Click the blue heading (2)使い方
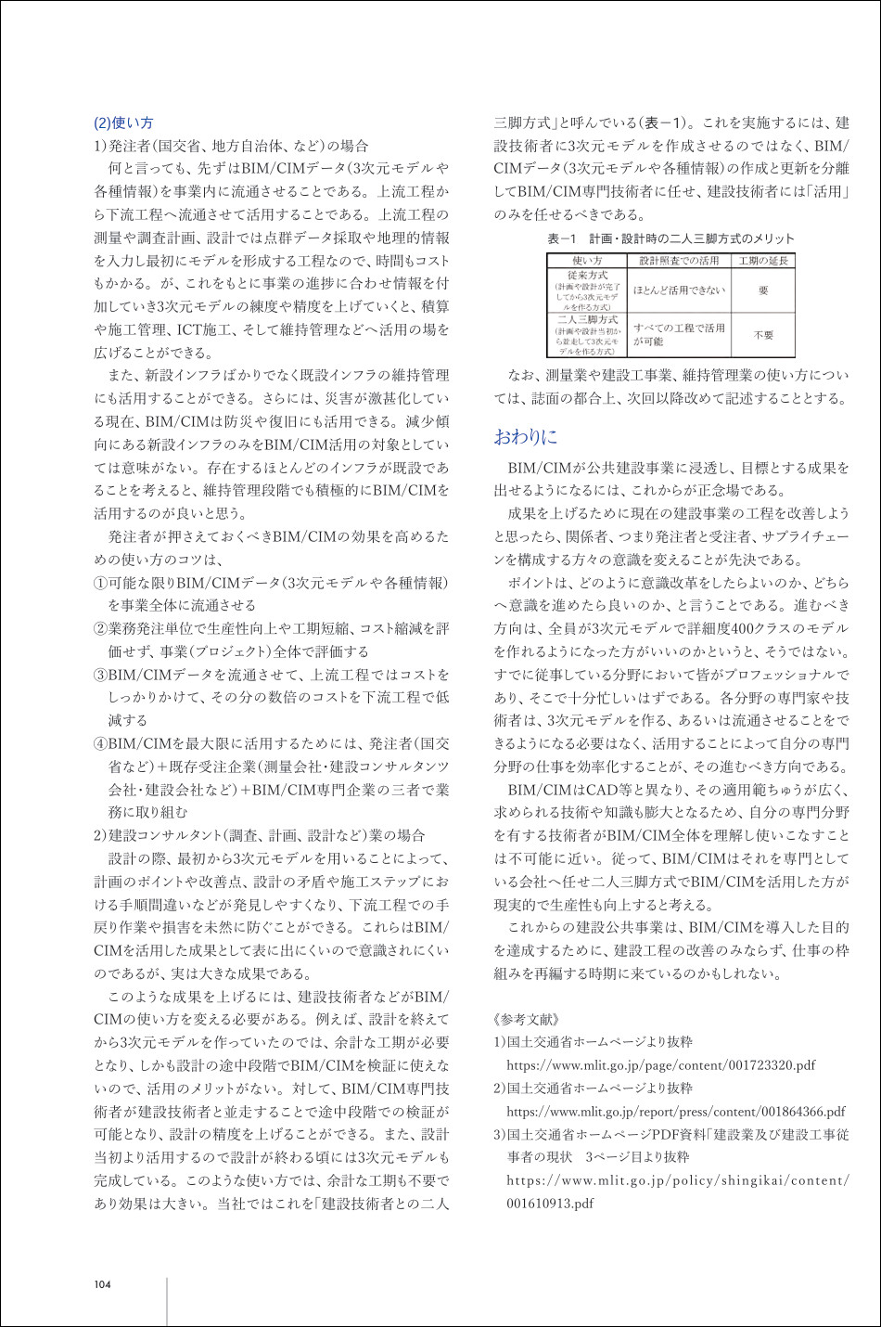(x=123, y=122)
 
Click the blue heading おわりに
(x=525, y=436)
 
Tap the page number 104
(x=102, y=1284)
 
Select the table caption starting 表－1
(x=670, y=238)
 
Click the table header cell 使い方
(x=586, y=261)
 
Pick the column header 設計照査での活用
(x=679, y=261)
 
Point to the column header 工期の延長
(x=762, y=261)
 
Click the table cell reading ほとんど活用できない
(x=679, y=290)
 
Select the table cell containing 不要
(x=762, y=335)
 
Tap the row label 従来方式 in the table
(x=586, y=276)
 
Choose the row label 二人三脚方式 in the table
(x=586, y=320)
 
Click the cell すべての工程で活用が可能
(x=679, y=335)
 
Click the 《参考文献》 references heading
(x=526, y=1020)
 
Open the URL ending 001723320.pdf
(x=660, y=1065)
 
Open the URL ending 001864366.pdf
(x=675, y=1111)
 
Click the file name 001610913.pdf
(x=549, y=1204)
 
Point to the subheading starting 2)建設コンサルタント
(x=260, y=835)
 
